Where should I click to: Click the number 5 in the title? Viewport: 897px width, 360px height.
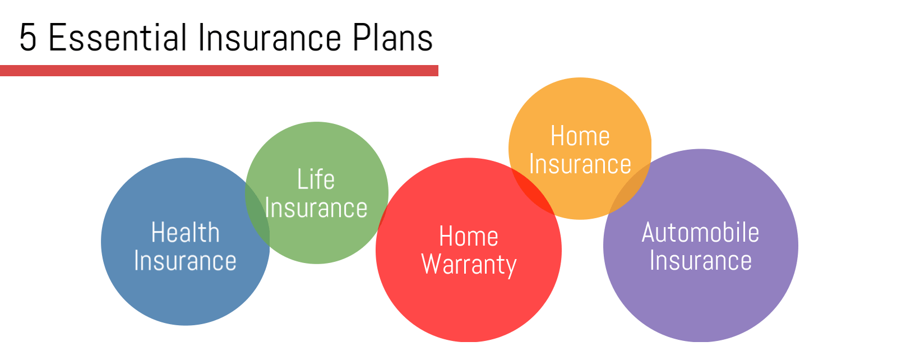tap(28, 38)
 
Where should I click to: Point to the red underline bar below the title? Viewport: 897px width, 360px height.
tap(219, 71)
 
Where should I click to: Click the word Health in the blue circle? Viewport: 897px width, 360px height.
tap(185, 233)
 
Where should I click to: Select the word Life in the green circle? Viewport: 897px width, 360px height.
tap(316, 180)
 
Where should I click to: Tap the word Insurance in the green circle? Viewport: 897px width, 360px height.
tap(316, 209)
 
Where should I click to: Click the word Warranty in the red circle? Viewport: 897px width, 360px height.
tap(469, 265)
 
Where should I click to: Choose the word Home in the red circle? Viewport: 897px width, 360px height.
tap(469, 236)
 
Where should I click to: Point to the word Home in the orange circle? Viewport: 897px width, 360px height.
tap(580, 136)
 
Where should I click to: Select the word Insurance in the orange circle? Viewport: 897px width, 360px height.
tap(580, 165)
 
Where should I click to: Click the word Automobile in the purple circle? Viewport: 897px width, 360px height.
tap(700, 233)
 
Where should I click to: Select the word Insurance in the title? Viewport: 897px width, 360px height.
tap(269, 38)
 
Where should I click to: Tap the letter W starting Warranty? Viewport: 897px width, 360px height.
tap(432, 265)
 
